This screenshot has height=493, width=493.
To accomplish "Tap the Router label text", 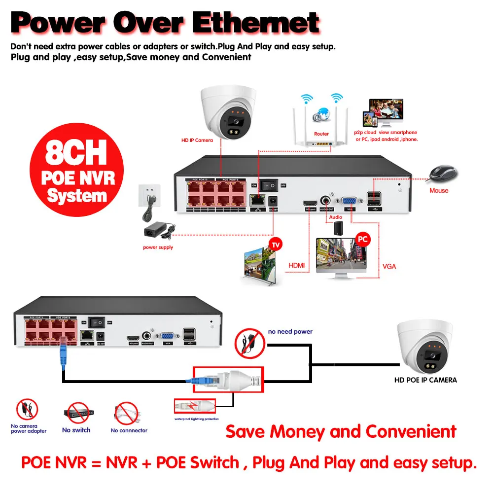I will tap(321, 134).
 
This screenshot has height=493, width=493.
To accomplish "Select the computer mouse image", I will tap(443, 173).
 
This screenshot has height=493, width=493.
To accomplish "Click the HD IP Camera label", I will tap(197, 140).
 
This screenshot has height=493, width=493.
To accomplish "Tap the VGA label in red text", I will tap(389, 267).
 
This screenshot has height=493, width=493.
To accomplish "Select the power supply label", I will tap(158, 247).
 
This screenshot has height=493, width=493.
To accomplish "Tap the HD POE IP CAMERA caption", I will tap(425, 380).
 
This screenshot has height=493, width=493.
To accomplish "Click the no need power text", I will tap(290, 332).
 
